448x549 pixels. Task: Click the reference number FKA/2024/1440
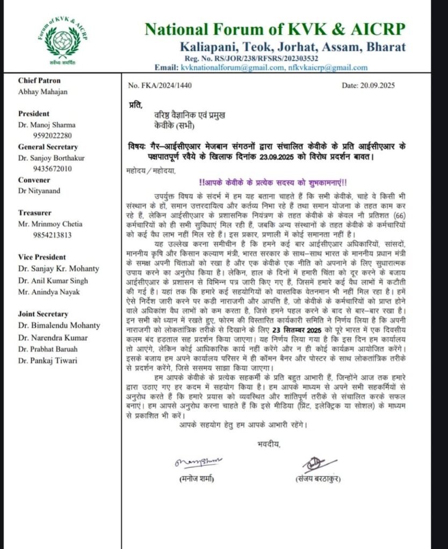point(160,85)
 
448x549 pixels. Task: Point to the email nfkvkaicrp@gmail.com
point(328,68)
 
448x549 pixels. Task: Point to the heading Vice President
point(44,257)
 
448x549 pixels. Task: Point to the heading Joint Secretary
point(43,314)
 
